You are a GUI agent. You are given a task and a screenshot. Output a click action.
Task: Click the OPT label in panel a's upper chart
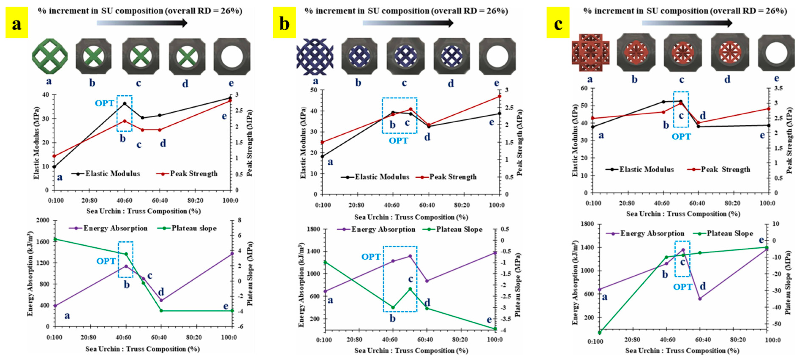point(105,103)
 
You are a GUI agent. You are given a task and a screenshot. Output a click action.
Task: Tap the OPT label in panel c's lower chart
point(683,287)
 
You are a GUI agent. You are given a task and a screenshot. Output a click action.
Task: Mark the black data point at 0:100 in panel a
point(54,167)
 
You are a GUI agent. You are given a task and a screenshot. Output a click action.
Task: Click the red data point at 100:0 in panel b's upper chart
point(499,96)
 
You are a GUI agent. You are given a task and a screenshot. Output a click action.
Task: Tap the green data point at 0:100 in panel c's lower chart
point(600,333)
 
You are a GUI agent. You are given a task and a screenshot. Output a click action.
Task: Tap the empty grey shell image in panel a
point(232,56)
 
